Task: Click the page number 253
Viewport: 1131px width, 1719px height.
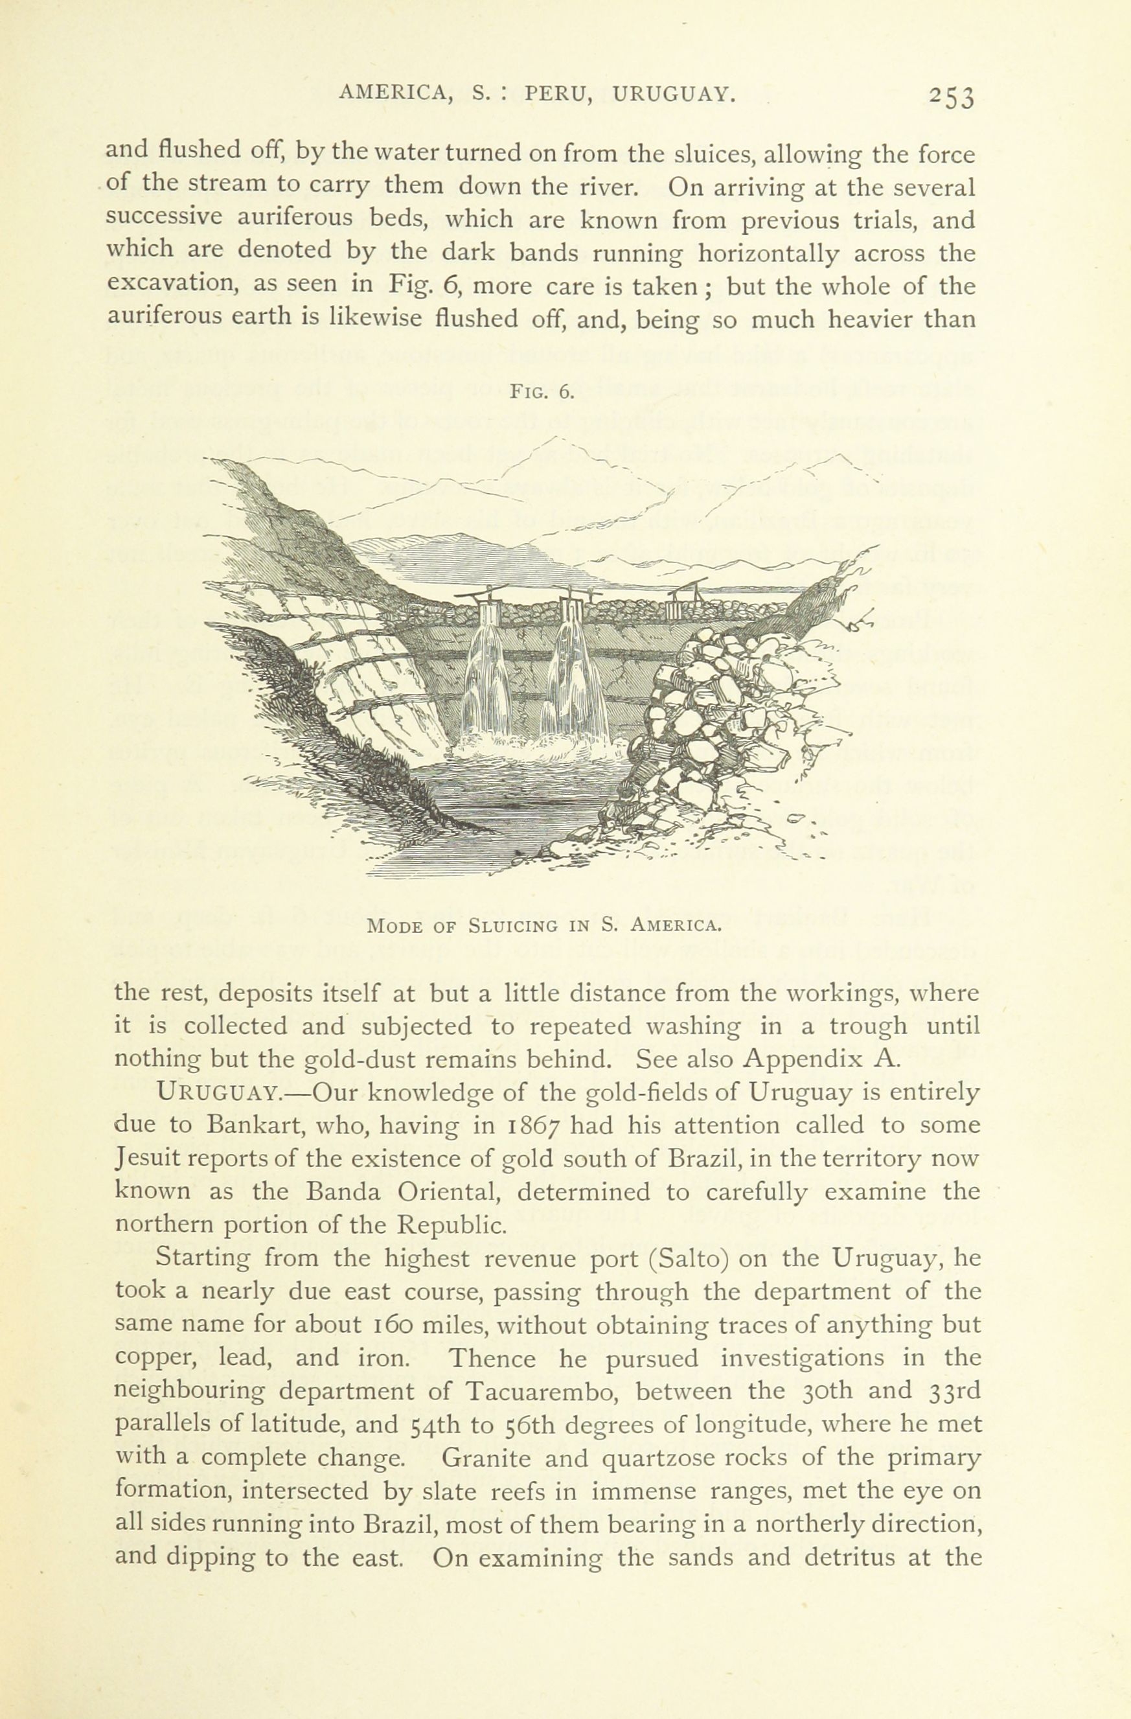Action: click(x=952, y=96)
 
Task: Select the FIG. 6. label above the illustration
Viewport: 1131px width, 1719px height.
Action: click(x=542, y=392)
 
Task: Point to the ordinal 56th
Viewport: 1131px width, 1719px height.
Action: click(x=496, y=1424)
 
